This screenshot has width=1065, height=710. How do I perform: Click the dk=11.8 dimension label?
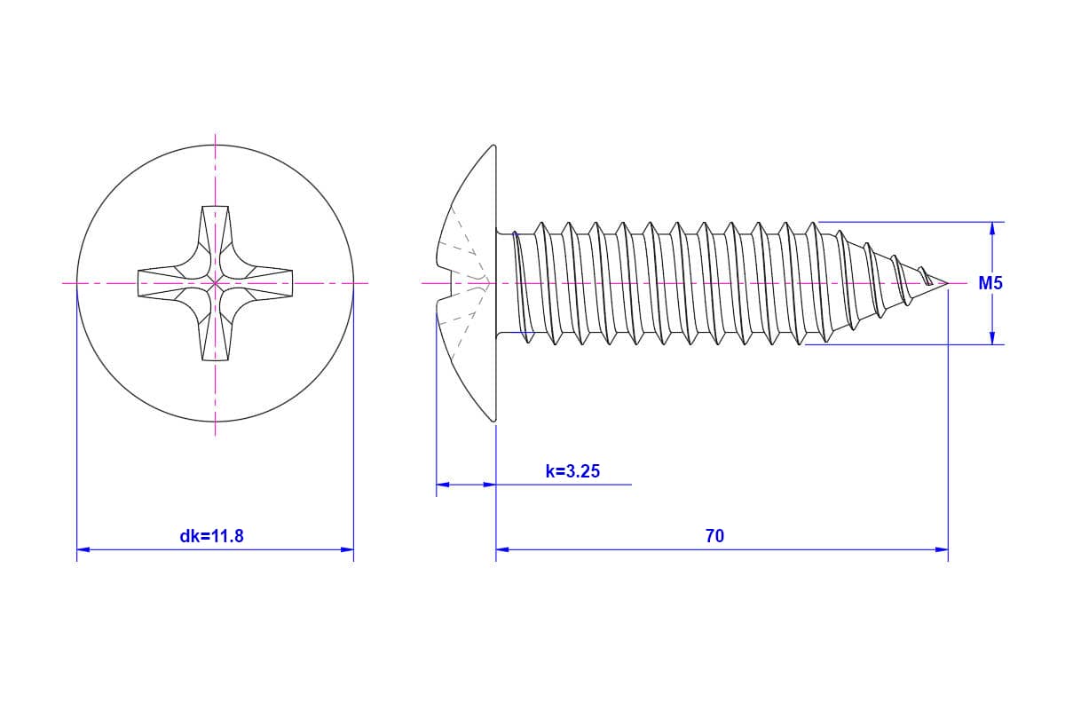point(211,536)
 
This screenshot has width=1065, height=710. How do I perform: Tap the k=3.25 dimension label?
point(572,470)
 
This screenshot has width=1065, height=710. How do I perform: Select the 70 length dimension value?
point(714,536)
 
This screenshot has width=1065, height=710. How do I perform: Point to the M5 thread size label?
point(990,283)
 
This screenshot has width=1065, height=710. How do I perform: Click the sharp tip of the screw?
point(948,283)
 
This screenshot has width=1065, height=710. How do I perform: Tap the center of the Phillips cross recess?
point(216,283)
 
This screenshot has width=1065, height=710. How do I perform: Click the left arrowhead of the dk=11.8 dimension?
point(83,549)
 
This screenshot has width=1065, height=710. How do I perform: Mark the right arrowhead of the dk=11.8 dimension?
point(347,549)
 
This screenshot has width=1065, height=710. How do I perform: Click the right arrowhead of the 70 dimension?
point(942,549)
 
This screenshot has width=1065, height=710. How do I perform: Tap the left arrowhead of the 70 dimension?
point(502,549)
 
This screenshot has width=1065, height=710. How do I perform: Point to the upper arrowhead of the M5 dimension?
point(992,229)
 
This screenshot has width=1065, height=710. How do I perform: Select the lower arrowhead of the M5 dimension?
point(992,337)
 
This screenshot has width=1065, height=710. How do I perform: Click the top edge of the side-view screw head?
point(493,146)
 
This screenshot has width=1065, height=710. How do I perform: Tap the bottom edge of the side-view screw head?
point(493,420)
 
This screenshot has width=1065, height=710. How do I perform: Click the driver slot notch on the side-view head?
point(463,284)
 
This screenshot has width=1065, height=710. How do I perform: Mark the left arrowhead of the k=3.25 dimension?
point(443,485)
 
